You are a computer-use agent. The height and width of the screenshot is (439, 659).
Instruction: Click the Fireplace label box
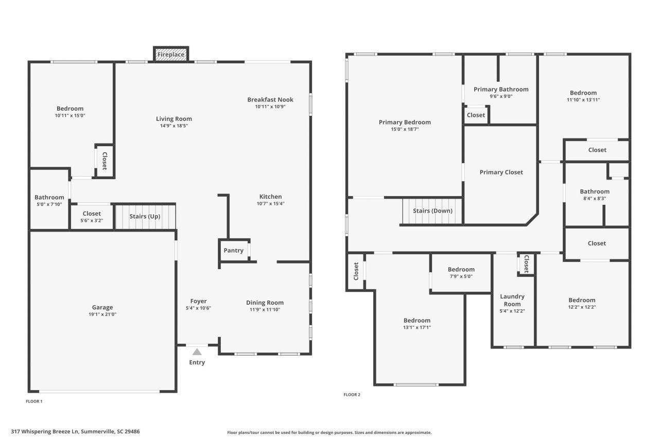pos(171,54)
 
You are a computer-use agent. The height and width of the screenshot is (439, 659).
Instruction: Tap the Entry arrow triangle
pos(197,352)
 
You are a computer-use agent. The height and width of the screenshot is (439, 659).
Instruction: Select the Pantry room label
pos(233,251)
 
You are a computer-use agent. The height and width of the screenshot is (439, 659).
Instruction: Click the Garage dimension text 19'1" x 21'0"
pos(102,314)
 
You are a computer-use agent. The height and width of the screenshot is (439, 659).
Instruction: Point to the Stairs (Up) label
pos(145,216)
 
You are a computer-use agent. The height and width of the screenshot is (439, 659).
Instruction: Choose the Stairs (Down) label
pos(432,210)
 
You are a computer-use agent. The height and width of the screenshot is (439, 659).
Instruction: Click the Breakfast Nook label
pos(270,99)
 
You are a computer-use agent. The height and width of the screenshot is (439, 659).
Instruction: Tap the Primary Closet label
pos(501,172)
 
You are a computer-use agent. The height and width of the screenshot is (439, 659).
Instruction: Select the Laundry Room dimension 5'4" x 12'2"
pos(512,311)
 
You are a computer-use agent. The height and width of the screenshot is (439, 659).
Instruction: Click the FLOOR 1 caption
pos(34,401)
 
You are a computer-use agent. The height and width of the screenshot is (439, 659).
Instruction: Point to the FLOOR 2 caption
pos(352,395)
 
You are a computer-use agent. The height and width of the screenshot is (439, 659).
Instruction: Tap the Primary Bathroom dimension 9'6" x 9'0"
pos(501,96)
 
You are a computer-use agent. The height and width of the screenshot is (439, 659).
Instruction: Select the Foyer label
pos(198,301)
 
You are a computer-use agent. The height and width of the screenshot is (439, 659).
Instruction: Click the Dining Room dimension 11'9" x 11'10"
pos(265,310)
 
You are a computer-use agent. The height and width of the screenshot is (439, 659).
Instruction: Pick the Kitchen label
pos(270,197)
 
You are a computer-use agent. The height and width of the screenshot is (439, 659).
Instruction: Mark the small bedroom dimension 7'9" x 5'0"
pos(461,276)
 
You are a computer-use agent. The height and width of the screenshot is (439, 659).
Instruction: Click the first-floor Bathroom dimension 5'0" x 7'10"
pos(49,204)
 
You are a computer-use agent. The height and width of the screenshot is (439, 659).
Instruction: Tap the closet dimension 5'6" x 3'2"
pos(92,221)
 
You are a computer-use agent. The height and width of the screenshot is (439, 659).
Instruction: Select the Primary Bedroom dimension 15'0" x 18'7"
pos(404,129)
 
